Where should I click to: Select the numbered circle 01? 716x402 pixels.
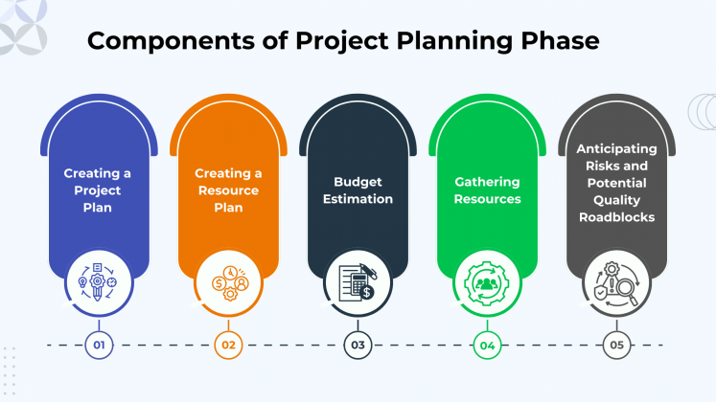[98, 345]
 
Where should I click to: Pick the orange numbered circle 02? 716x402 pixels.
[227, 345]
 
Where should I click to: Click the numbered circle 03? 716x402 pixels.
[358, 345]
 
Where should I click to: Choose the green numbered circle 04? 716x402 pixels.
[487, 345]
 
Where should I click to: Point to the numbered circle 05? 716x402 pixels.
[616, 345]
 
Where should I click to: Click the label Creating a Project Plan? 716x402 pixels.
[98, 190]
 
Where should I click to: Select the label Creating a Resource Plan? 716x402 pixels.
[228, 190]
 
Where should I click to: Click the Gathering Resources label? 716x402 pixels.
[487, 190]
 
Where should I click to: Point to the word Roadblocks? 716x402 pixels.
[616, 217]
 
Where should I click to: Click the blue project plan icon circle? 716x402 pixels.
[98, 279]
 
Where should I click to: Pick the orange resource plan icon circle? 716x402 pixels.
[228, 279]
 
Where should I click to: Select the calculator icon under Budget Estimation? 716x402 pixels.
[358, 279]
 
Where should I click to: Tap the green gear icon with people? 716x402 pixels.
[487, 279]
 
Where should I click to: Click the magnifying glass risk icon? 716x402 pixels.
[616, 279]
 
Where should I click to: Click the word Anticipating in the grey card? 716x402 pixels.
[616, 148]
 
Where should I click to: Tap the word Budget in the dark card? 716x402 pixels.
[358, 181]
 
